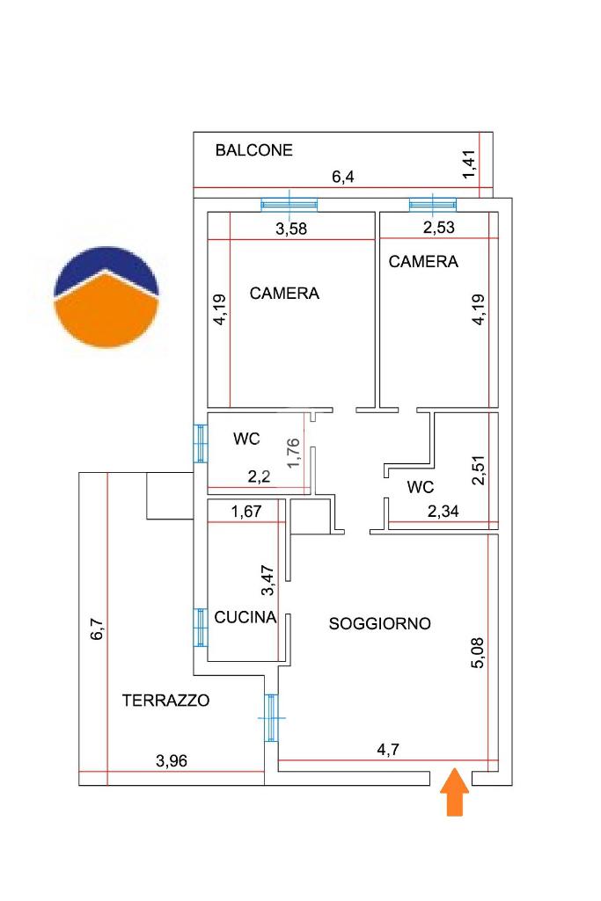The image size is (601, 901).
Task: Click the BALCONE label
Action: pos(253,150)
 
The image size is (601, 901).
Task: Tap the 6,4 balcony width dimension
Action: pos(342,178)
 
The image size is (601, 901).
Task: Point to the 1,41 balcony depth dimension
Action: pos(469,164)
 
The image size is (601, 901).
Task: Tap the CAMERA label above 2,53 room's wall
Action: pos(423,261)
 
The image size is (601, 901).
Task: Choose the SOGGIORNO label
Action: pos(379,624)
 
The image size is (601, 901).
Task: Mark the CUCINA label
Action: pos(246,618)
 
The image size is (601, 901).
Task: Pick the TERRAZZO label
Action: pos(165,701)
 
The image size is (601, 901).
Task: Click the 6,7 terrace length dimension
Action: pos(98,629)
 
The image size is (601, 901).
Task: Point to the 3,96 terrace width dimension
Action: pos(173,761)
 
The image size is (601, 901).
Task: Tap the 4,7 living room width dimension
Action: pos(388,750)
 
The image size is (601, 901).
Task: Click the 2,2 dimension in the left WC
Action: pos(259,476)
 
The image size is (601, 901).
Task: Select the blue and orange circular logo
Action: pos(106,296)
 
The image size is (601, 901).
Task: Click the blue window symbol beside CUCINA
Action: pos(201,627)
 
